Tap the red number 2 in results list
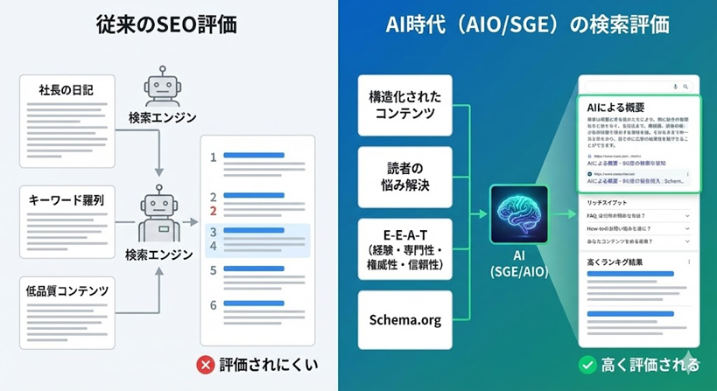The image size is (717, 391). (213, 211)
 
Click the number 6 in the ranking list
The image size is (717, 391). (213, 305)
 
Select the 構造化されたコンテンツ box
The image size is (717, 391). (405, 106)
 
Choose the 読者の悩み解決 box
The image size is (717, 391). (405, 178)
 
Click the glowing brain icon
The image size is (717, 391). (519, 213)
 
